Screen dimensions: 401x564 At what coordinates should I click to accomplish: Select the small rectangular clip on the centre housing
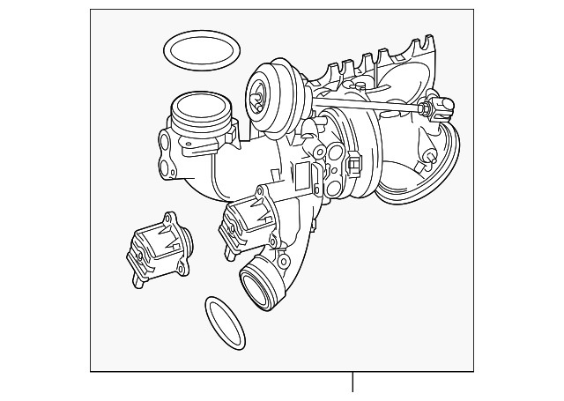point(355,164)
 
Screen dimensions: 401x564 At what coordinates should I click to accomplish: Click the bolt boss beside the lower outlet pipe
point(282,262)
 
